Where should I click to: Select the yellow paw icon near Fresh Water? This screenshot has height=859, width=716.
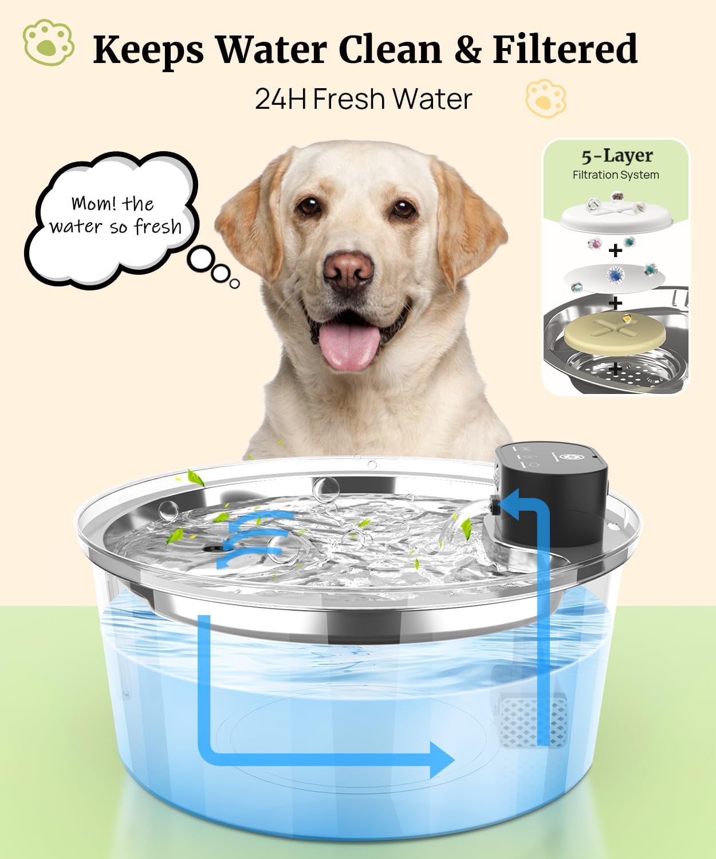tap(545, 98)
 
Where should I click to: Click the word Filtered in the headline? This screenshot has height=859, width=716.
tap(565, 49)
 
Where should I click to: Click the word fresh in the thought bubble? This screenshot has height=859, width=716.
tap(158, 227)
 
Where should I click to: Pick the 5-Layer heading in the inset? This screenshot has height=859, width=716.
tap(616, 156)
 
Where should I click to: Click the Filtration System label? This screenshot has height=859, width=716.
tap(616, 175)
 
